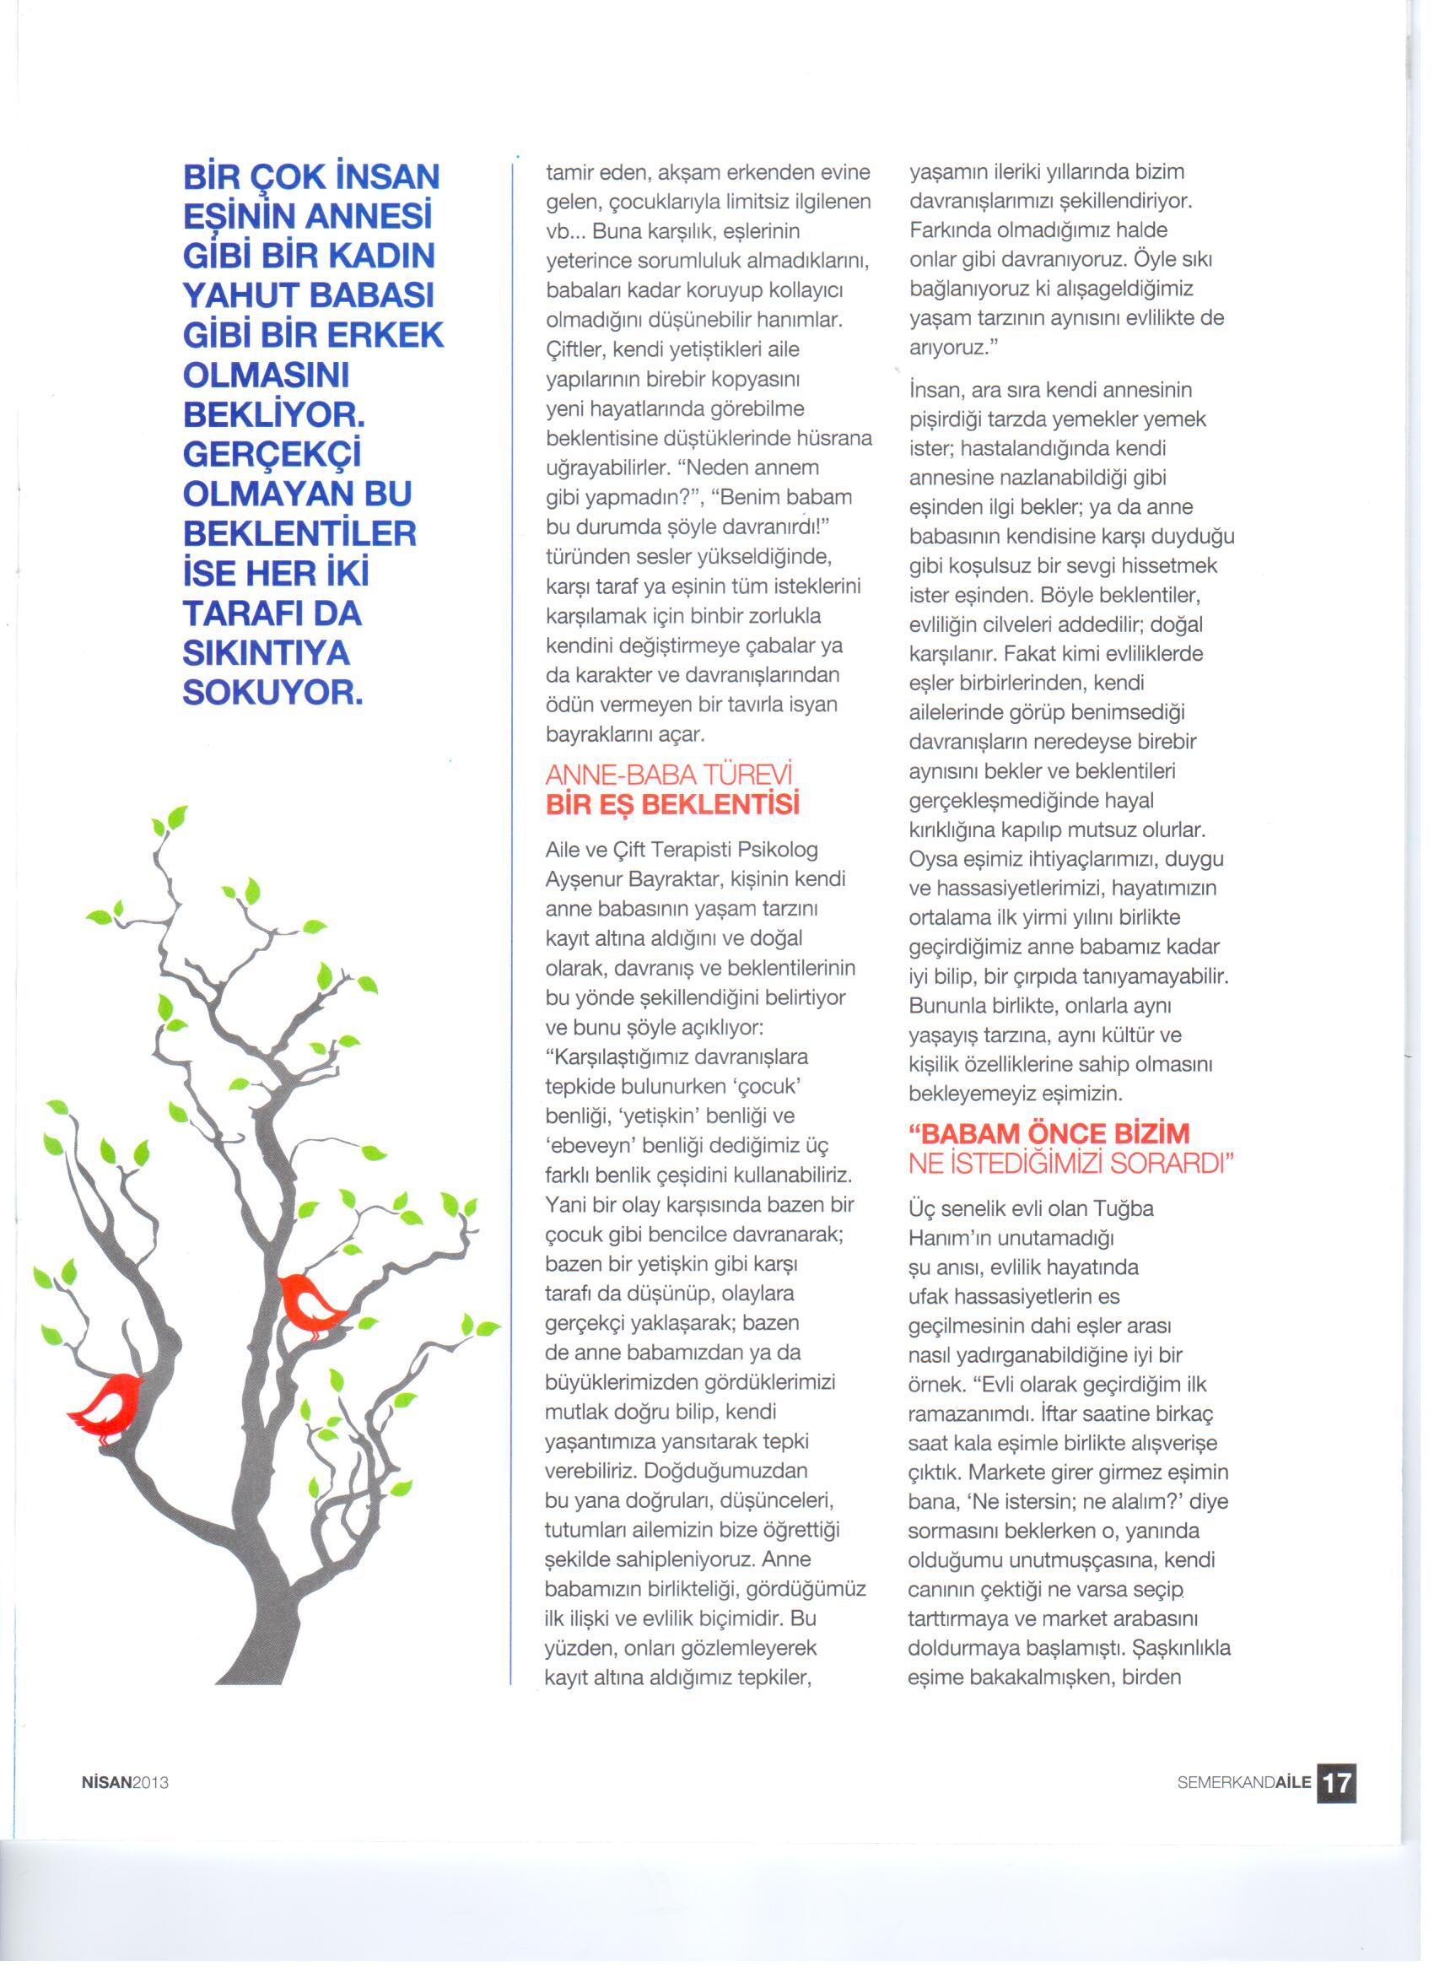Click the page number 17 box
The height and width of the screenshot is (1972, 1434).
point(1336,1781)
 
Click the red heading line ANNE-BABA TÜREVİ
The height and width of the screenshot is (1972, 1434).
point(671,775)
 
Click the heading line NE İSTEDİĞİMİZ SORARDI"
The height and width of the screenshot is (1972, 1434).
point(1070,1164)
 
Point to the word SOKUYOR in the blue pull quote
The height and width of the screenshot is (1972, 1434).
point(272,693)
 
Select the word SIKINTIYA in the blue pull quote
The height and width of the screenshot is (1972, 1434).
point(266,653)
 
